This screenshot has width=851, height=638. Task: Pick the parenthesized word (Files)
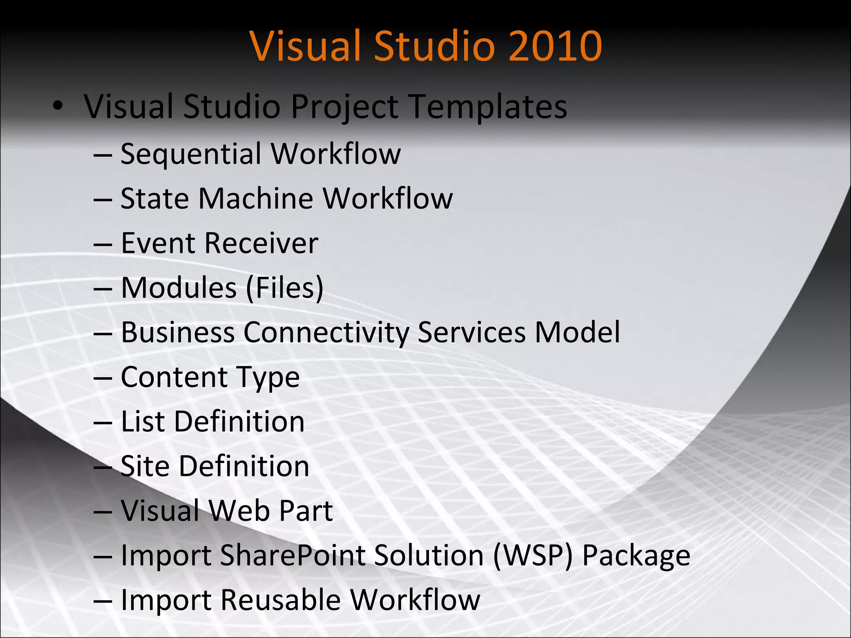(285, 288)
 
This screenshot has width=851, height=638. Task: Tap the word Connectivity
(326, 333)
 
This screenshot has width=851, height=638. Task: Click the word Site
(145, 466)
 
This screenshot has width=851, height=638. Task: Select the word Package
(636, 556)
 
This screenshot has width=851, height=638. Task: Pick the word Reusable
(280, 600)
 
